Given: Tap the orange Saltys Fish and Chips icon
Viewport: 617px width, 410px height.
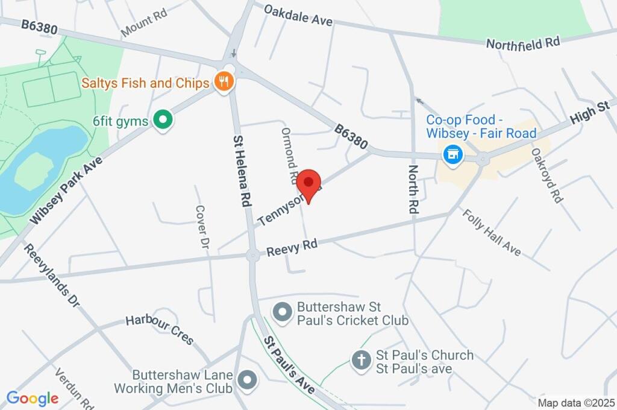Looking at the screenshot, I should tap(224, 82).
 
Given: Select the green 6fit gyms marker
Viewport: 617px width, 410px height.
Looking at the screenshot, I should tap(162, 121).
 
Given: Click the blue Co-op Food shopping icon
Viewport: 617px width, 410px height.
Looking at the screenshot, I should tap(453, 155).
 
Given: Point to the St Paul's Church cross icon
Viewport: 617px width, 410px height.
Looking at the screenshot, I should tap(360, 361).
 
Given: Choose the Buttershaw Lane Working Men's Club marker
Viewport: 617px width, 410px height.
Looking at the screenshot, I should tap(246, 380).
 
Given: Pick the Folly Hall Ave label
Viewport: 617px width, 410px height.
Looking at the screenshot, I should tap(491, 232).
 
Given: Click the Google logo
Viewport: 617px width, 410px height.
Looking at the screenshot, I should tap(33, 398).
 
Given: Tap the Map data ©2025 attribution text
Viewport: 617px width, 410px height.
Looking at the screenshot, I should tap(576, 403).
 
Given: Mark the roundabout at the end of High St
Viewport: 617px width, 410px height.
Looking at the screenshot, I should tap(482, 160).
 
